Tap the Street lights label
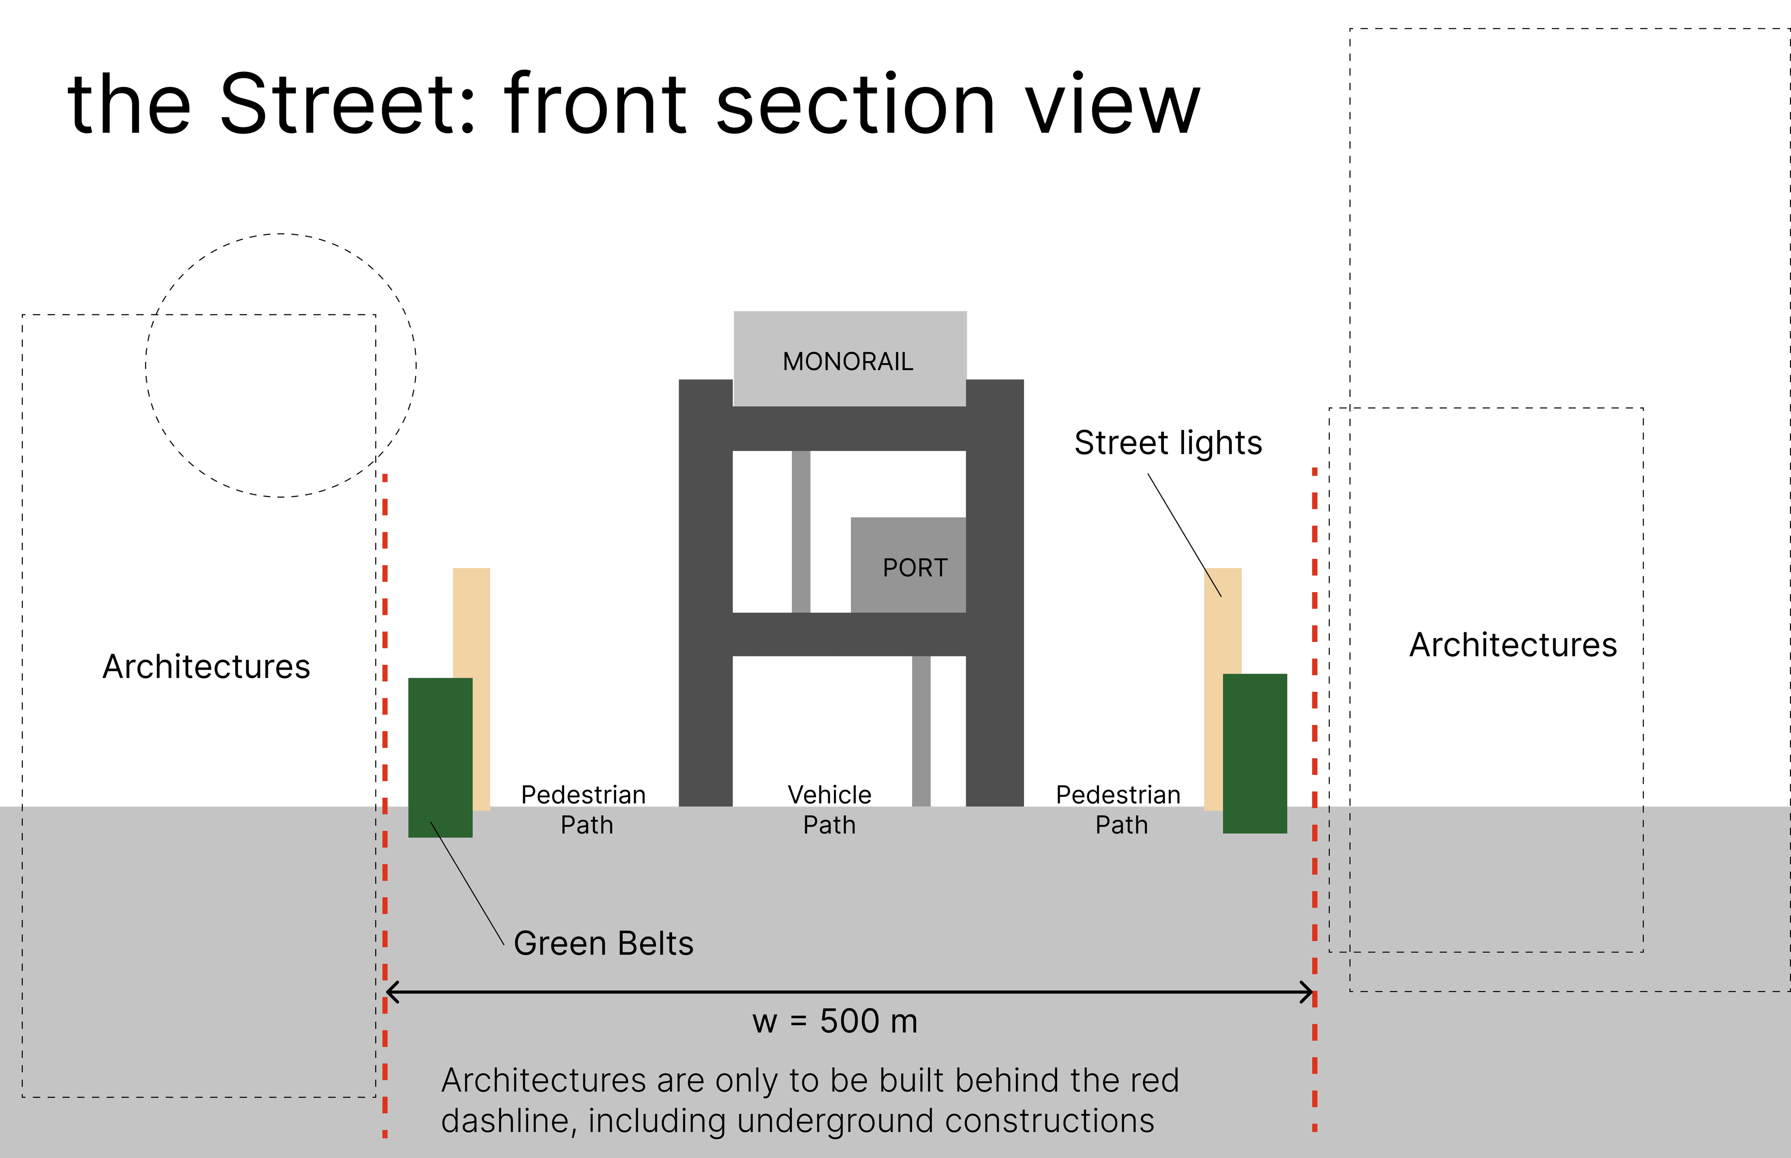coord(1167,443)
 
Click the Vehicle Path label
coord(829,810)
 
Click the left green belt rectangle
coord(440,757)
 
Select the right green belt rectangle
coord(1255,753)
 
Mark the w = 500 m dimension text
coord(835,1021)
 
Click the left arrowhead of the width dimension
coord(391,992)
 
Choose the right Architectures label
coord(1513,645)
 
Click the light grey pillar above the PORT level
coord(801,531)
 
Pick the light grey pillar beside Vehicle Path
coord(921,730)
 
